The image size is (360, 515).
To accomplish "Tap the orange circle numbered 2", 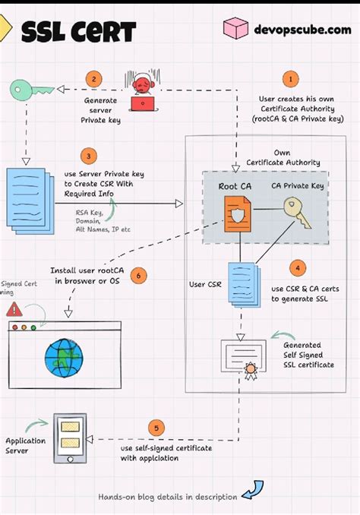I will (93, 78).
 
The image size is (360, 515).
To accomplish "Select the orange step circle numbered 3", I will (90, 157).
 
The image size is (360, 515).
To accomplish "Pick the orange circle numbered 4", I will (298, 267).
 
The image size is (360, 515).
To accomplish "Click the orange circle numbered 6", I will (137, 275).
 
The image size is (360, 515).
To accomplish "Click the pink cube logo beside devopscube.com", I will (235, 29).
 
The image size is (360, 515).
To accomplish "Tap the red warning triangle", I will (14, 309).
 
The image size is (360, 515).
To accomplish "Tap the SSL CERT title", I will (78, 32).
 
